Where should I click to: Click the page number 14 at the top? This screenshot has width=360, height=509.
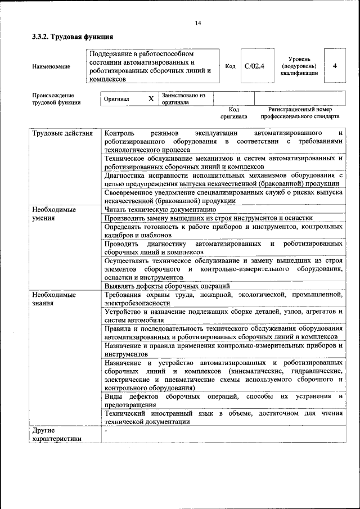coord(197,23)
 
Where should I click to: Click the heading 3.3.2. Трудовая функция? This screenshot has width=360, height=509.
coord(73,37)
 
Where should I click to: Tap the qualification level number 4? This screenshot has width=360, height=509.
coord(335,66)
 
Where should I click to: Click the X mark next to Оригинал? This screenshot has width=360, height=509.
coord(151,99)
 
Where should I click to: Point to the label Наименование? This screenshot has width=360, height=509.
coord(51,67)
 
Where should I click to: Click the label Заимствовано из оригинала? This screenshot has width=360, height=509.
coord(183,99)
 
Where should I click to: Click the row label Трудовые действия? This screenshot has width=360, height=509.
coord(62,134)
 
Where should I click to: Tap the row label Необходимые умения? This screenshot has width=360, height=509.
coord(54,213)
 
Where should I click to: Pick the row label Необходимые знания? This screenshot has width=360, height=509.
coord(54,298)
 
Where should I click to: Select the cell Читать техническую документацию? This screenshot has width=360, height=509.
coord(160,209)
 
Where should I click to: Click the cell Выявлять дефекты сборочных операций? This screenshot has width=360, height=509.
coord(167,286)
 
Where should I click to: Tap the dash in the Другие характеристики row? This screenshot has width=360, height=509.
coord(106,430)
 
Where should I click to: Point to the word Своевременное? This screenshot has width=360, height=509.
coord(130,192)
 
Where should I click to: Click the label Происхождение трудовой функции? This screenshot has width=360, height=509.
coord(56,99)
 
